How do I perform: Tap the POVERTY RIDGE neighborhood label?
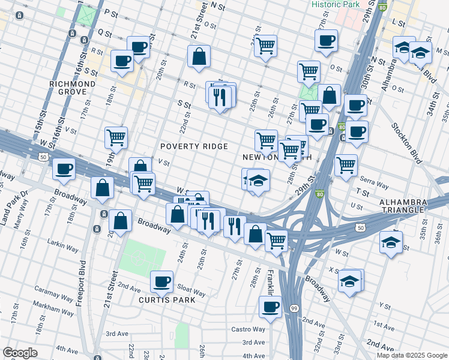coord(194,146)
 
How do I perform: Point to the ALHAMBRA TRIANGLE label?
coord(403,206)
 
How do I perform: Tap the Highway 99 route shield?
coord(294,308)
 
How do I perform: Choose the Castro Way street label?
coord(249,329)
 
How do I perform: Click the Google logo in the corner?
coord(20,353)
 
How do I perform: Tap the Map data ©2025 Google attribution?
coord(412,355)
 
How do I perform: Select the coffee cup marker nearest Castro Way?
coord(270,307)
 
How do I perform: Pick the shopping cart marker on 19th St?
coord(116,137)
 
